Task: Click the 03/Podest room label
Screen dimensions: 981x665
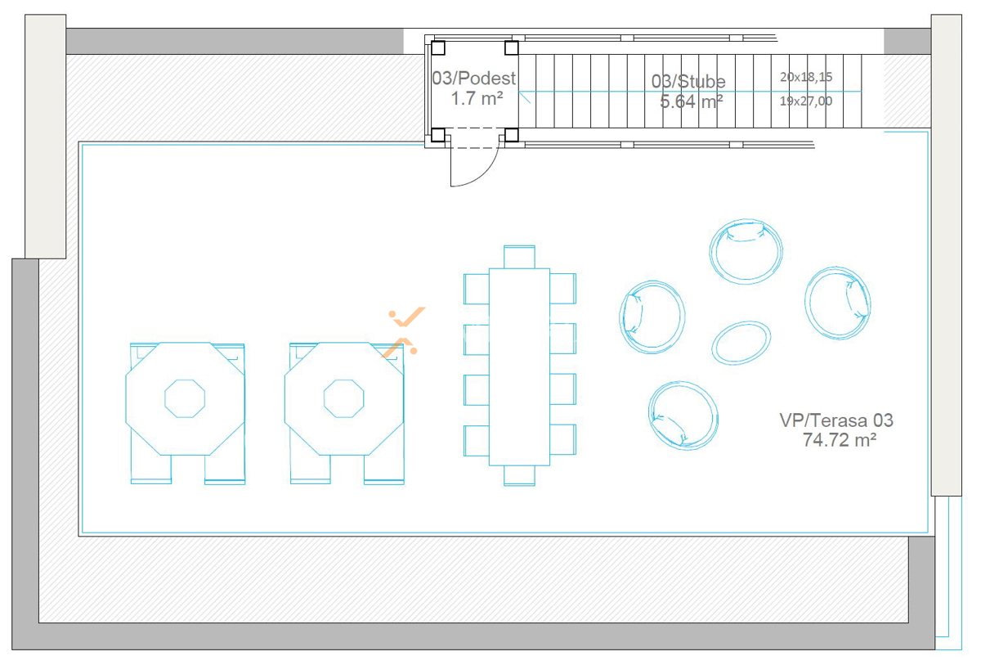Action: tap(474, 78)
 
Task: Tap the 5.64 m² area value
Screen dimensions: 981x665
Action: tap(692, 101)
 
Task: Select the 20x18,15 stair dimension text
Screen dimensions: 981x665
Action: tap(806, 77)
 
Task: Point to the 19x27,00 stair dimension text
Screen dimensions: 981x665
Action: tap(806, 101)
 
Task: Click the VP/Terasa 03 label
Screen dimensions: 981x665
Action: tap(836, 420)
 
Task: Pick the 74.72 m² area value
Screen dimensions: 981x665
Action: tap(840, 440)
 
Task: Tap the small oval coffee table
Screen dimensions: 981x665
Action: tap(741, 343)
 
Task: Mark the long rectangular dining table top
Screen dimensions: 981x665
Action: tap(519, 367)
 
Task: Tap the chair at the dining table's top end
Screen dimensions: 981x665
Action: tap(519, 257)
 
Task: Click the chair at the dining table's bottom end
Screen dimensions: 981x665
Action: tap(519, 476)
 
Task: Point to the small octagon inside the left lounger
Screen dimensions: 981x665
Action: tap(185, 398)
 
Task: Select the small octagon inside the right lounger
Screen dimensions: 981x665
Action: tap(344, 398)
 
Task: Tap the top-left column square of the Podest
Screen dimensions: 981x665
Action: tap(438, 47)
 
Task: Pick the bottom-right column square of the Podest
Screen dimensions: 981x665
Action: tap(512, 135)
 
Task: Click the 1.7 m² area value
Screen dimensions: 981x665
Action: tap(477, 99)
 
